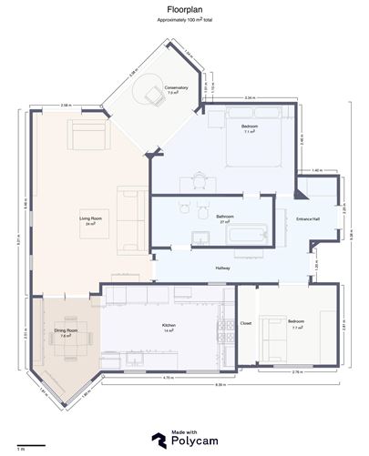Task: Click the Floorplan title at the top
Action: point(184,6)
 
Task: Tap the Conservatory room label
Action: point(176,89)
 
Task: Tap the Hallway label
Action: point(222,268)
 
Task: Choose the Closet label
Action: point(246,323)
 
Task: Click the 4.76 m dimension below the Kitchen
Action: point(168,377)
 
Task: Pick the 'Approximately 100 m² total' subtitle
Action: point(184,18)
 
